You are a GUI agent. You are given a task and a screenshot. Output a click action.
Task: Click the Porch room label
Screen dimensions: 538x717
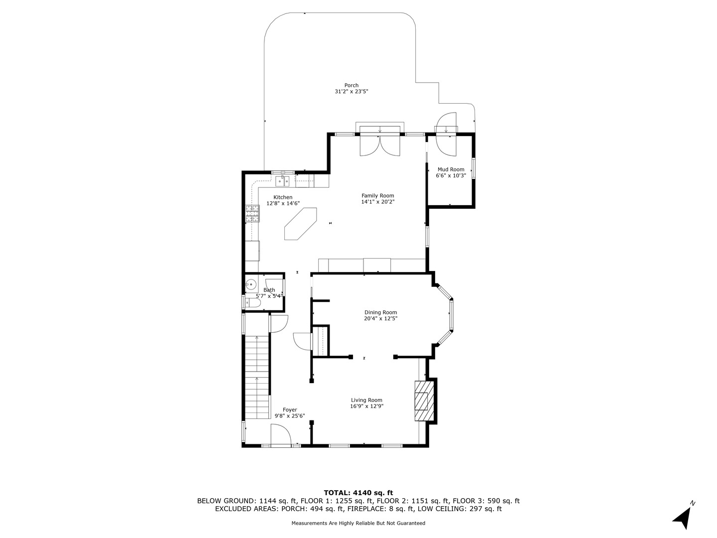351,85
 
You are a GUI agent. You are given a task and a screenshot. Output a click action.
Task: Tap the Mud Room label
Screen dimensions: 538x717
451,169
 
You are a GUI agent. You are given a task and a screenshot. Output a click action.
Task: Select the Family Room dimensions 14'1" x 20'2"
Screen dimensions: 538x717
377,202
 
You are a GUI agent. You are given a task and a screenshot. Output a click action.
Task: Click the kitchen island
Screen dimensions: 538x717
300,224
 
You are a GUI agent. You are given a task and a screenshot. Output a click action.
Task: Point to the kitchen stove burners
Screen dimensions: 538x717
252,213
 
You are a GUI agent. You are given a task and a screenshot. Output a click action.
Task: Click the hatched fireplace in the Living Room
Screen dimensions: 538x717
423,401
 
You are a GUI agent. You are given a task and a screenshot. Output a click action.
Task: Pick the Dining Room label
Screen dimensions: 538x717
380,312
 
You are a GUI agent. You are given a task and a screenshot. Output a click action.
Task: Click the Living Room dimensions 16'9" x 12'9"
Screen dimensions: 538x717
366,406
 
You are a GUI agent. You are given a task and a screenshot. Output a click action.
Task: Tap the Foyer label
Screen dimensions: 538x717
290,410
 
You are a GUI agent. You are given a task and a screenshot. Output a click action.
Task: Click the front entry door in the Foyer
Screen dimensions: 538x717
280,435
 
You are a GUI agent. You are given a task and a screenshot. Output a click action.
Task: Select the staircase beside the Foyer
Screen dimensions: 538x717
257,377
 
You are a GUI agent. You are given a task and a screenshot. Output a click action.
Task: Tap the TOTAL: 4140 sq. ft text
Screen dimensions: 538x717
358,493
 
